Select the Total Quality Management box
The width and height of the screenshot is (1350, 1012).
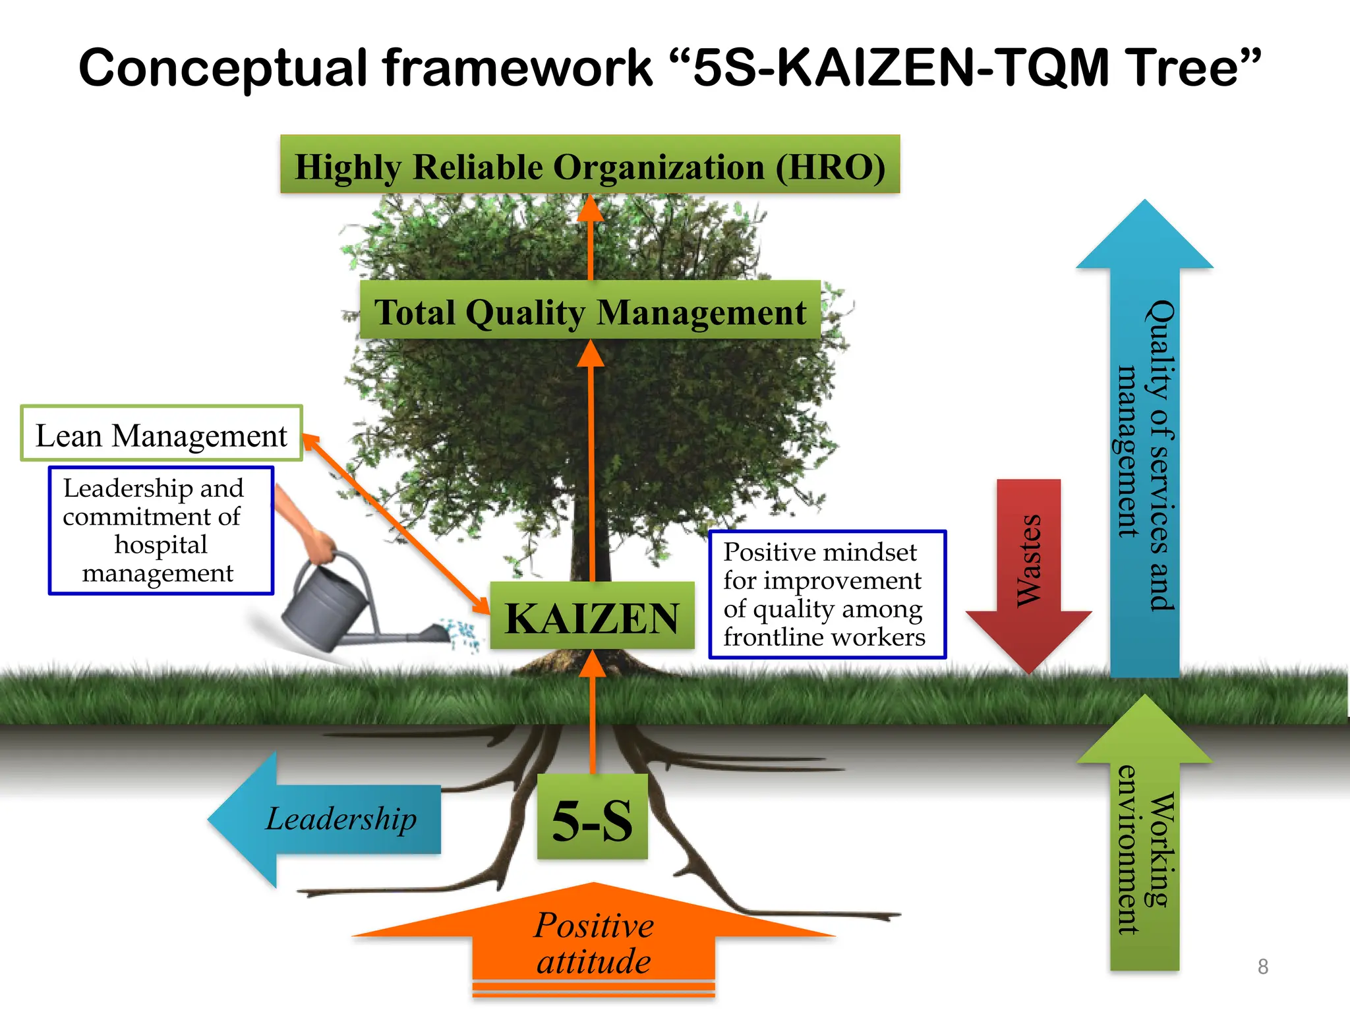pyautogui.click(x=590, y=310)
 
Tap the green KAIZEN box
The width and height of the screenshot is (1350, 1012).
pyautogui.click(x=592, y=616)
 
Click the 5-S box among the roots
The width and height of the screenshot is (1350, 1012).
pyautogui.click(x=592, y=817)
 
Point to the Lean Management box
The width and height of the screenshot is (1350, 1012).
pyautogui.click(x=161, y=434)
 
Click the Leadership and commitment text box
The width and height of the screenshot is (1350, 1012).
pyautogui.click(x=161, y=531)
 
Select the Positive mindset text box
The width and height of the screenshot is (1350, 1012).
pyautogui.click(x=827, y=594)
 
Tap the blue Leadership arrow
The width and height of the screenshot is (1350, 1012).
pyautogui.click(x=330, y=819)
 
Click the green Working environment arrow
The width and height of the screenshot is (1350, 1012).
pyautogui.click(x=1145, y=843)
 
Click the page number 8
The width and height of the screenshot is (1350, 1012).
pyautogui.click(x=1262, y=967)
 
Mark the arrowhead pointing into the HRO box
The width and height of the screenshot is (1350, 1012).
pyautogui.click(x=590, y=209)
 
